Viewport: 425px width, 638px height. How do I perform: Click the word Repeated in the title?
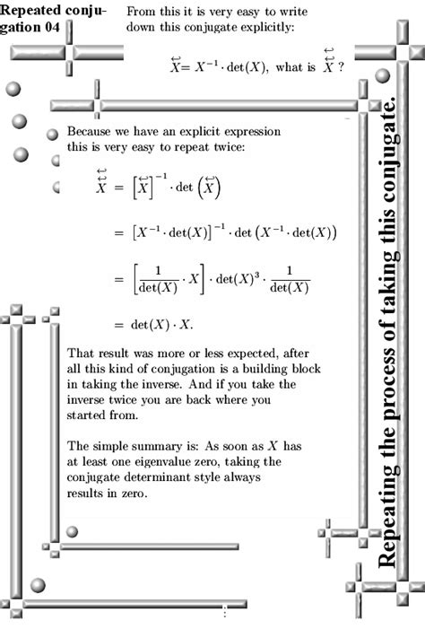(x=33, y=12)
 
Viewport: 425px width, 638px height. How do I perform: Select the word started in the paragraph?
(x=91, y=415)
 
